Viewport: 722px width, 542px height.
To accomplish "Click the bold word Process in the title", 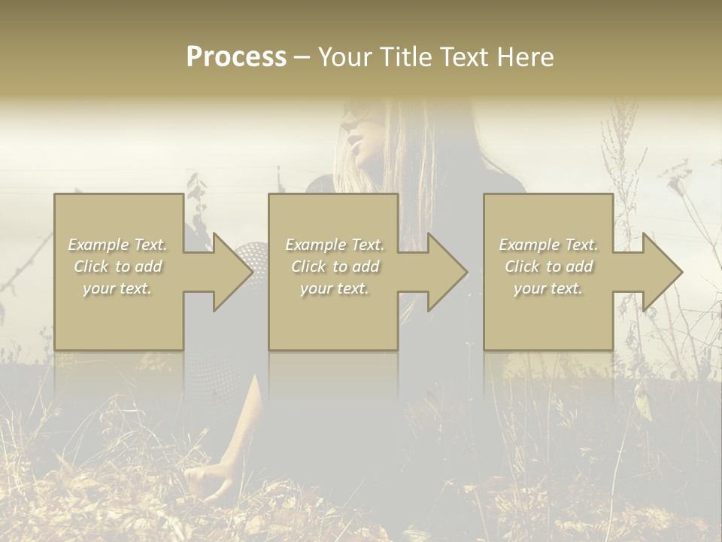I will coord(236,57).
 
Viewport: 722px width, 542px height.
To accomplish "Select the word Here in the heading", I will coord(524,57).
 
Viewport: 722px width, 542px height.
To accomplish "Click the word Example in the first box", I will coord(98,245).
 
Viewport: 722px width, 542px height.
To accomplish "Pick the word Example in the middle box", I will coord(314,245).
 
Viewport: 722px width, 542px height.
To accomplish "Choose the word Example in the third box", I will coord(528,245).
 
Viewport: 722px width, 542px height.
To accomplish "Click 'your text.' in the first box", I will coord(117,288).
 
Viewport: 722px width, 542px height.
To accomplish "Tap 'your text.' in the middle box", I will coord(334,288).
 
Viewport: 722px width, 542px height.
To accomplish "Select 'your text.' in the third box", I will coord(548,288).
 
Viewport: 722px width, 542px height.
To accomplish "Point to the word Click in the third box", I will coord(523,266).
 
